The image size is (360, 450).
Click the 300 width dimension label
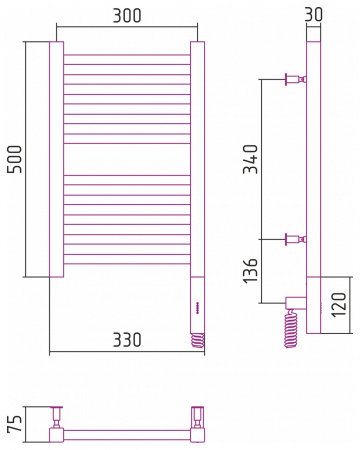click(126, 17)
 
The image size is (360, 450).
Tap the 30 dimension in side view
click(314, 16)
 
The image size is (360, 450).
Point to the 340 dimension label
click(251, 160)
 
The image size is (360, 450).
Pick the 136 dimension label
click(251, 269)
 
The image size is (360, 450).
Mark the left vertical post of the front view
click(56, 160)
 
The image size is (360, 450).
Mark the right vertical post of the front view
click(198, 160)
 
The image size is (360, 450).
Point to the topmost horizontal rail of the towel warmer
click(127, 55)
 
